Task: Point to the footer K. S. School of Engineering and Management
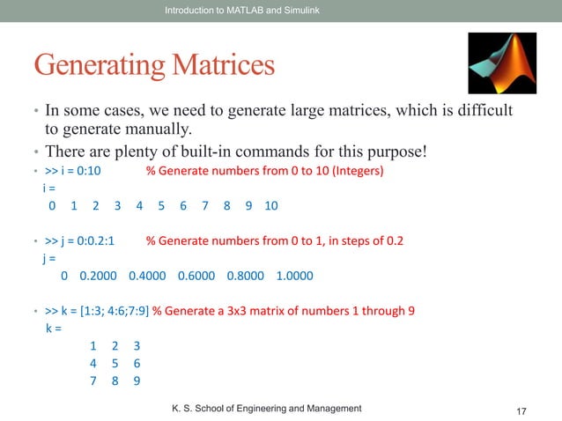tap(265, 408)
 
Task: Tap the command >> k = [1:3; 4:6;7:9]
tap(97, 311)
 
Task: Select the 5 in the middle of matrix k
tap(115, 363)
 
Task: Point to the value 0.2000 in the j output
tap(97, 275)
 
